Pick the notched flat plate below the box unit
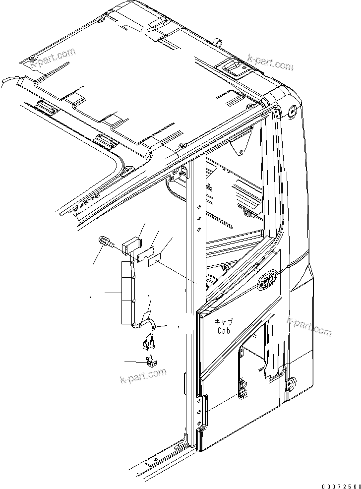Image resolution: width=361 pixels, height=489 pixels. click(146, 254)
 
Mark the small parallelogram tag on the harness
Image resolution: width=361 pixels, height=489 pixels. click(146, 315)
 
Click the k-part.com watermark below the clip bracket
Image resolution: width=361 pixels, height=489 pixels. click(143, 375)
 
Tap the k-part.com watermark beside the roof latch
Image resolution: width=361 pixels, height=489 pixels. click(271, 64)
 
